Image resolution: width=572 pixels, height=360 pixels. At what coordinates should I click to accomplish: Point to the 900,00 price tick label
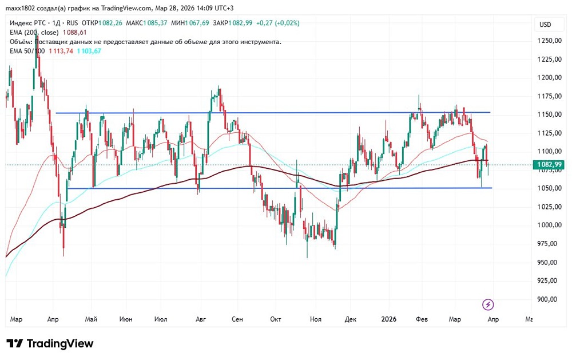[x=546, y=299]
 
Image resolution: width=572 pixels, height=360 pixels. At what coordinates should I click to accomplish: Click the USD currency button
[x=545, y=25]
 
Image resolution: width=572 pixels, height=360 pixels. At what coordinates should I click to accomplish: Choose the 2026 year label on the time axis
[x=389, y=319]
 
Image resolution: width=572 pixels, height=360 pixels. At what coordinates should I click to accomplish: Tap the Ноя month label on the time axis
[x=315, y=319]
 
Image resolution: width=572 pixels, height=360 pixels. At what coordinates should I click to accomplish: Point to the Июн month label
[x=127, y=319]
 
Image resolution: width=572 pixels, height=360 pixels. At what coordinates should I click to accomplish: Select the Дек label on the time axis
[x=350, y=319]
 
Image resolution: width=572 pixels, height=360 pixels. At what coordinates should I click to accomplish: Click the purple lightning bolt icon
[x=488, y=304]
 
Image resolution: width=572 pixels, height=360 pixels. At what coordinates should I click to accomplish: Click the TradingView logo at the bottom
[x=50, y=343]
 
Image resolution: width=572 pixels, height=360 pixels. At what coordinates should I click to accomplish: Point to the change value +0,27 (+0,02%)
[x=277, y=23]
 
